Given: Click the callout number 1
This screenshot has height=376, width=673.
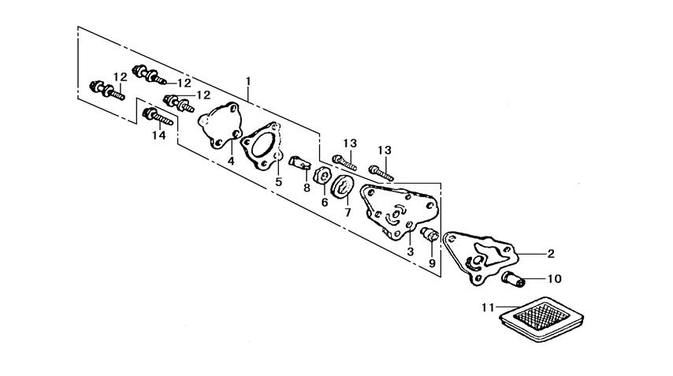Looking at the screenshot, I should coord(248,81).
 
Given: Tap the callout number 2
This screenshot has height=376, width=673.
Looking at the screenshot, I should coord(550,253).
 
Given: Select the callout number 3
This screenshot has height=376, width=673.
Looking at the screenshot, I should coord(410,251).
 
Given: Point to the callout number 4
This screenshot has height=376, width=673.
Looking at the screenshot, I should coord(231,161).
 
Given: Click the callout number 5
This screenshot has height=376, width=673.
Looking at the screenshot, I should coord(277,181).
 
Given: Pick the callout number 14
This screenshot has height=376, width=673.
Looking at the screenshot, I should coord(159,136).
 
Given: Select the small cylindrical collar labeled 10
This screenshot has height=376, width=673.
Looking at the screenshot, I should coord(513,279).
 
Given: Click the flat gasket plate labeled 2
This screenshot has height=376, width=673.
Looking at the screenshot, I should coord(481,255).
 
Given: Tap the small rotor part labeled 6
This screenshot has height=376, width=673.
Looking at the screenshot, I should coord(322,176).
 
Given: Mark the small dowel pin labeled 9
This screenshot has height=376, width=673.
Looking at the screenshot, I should coord(429,234).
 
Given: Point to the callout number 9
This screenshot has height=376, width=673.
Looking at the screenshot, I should coord(432,262).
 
